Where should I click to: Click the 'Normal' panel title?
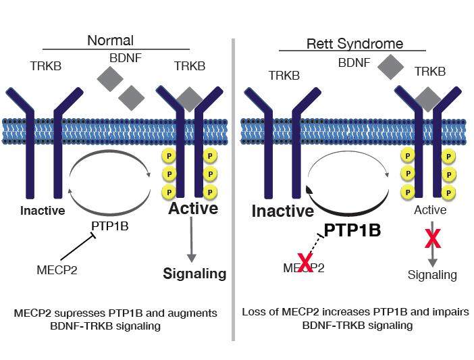point(110,41)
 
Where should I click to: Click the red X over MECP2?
point(305,263)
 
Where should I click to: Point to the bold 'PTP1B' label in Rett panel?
point(352,230)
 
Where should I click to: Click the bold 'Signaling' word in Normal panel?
point(194,274)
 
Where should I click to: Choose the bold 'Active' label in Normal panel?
point(193,208)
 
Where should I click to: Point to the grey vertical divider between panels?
point(233,189)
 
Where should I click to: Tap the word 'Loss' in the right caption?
point(254,313)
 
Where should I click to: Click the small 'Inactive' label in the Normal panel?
point(43,210)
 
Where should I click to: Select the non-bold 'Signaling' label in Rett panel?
point(432,274)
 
